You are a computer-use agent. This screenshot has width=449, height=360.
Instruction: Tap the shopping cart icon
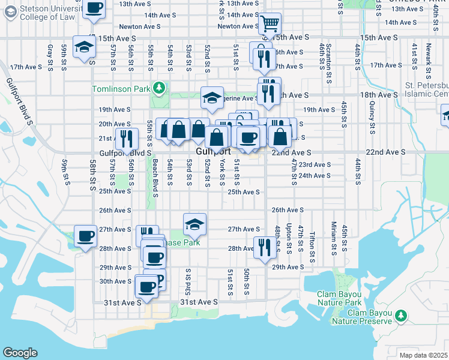pyautogui.click(x=270, y=25)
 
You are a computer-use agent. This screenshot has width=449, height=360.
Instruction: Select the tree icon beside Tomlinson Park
pyautogui.click(x=158, y=89)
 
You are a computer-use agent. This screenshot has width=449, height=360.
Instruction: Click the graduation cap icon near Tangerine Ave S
pyautogui.click(x=212, y=98)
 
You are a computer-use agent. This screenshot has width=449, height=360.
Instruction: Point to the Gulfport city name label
pyautogui.click(x=211, y=152)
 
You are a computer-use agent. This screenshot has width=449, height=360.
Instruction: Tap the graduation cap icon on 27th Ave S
pyautogui.click(x=194, y=224)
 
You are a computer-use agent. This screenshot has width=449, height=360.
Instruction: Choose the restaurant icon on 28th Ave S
pyautogui.click(x=264, y=247)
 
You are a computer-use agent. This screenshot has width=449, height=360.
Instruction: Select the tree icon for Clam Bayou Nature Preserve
pyautogui.click(x=400, y=315)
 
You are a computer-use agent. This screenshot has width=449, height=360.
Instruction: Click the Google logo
pyautogui.click(x=20, y=353)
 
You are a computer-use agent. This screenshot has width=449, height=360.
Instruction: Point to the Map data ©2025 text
pyautogui.click(x=423, y=355)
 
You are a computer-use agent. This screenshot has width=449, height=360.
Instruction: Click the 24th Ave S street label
pyautogui.click(x=315, y=175)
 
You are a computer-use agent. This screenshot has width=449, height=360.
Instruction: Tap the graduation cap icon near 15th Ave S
pyautogui.click(x=84, y=47)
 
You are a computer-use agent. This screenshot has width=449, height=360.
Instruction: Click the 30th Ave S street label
pyautogui.click(x=115, y=281)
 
